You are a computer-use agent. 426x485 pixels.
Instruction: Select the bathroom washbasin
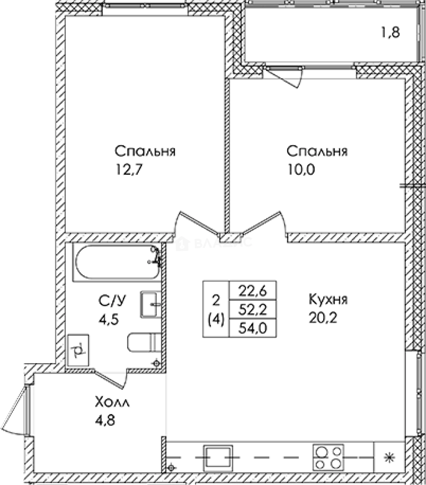pos(151,304)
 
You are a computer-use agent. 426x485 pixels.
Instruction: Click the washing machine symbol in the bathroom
pos(79,350)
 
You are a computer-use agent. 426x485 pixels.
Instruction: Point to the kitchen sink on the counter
pos(218,457)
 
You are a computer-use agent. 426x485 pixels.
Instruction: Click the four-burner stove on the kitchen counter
pos(328,457)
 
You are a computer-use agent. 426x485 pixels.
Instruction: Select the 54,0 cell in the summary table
pos(253,328)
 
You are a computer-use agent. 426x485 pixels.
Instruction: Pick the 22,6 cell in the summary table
pos(253,291)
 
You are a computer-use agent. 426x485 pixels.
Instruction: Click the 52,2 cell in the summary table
pos(253,309)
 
